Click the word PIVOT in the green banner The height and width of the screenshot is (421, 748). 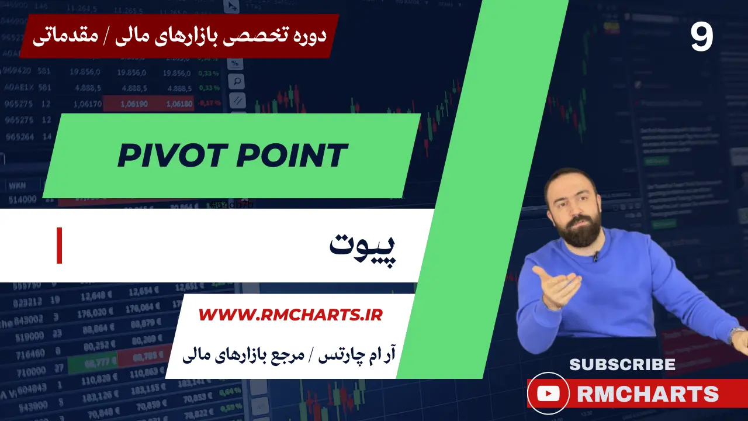[x=169, y=156]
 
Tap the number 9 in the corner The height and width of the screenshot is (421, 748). [x=702, y=37]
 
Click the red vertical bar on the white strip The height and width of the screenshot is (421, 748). [x=59, y=246]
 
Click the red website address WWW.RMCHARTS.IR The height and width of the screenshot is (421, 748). [x=290, y=315]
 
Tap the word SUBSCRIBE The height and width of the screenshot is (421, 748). [x=622, y=364]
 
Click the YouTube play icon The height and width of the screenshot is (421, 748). [x=548, y=394]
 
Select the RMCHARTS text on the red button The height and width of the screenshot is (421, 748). [x=647, y=394]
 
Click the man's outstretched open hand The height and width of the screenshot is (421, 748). [x=555, y=287]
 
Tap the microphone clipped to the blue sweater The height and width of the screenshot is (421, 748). [x=595, y=256]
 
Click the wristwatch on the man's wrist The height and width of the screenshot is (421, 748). [x=737, y=334]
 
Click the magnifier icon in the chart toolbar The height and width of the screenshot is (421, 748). [x=237, y=81]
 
